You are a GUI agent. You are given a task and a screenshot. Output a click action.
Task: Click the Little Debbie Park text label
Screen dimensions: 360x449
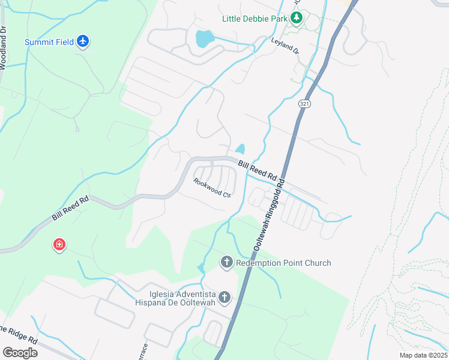point(255,19)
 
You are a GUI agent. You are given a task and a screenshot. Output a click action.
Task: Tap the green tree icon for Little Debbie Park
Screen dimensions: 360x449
point(296,18)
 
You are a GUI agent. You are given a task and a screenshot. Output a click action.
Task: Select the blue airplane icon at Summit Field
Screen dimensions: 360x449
point(83,41)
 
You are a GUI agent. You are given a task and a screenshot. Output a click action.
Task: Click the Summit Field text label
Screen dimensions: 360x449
point(49,42)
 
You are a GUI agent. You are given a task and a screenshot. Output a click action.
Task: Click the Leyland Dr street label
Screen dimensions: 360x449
point(285,47)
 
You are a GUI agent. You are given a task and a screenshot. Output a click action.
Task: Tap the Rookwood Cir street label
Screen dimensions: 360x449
point(212,187)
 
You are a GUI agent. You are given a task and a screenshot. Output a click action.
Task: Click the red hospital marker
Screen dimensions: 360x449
point(59,245)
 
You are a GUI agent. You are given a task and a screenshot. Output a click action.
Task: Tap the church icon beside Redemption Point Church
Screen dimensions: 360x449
point(226,262)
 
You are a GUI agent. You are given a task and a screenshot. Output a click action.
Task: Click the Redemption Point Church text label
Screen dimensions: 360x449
point(283,263)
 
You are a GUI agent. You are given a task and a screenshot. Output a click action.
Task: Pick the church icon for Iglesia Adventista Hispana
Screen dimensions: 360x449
point(224,297)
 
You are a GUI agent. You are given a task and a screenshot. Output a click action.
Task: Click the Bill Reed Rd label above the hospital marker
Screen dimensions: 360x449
point(70,208)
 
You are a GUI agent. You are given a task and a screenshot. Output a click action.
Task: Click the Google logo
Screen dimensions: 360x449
point(20,352)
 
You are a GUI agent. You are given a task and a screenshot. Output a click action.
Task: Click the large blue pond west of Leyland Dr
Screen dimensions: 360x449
point(204,39)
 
